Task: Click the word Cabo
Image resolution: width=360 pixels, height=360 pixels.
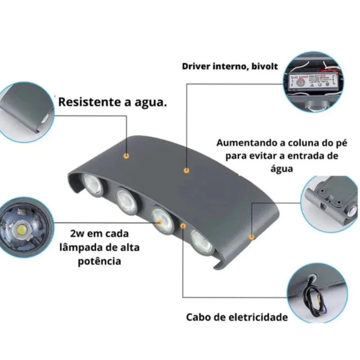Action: point(198,317)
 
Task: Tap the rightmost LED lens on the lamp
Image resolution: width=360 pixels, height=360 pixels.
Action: point(201,242)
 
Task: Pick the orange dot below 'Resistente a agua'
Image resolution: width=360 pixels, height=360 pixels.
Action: point(126,156)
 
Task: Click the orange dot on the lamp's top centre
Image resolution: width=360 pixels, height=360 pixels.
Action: point(185,171)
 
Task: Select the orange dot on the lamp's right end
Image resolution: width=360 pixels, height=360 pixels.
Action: point(252,236)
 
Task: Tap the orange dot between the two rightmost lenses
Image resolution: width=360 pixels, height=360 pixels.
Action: point(183,225)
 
